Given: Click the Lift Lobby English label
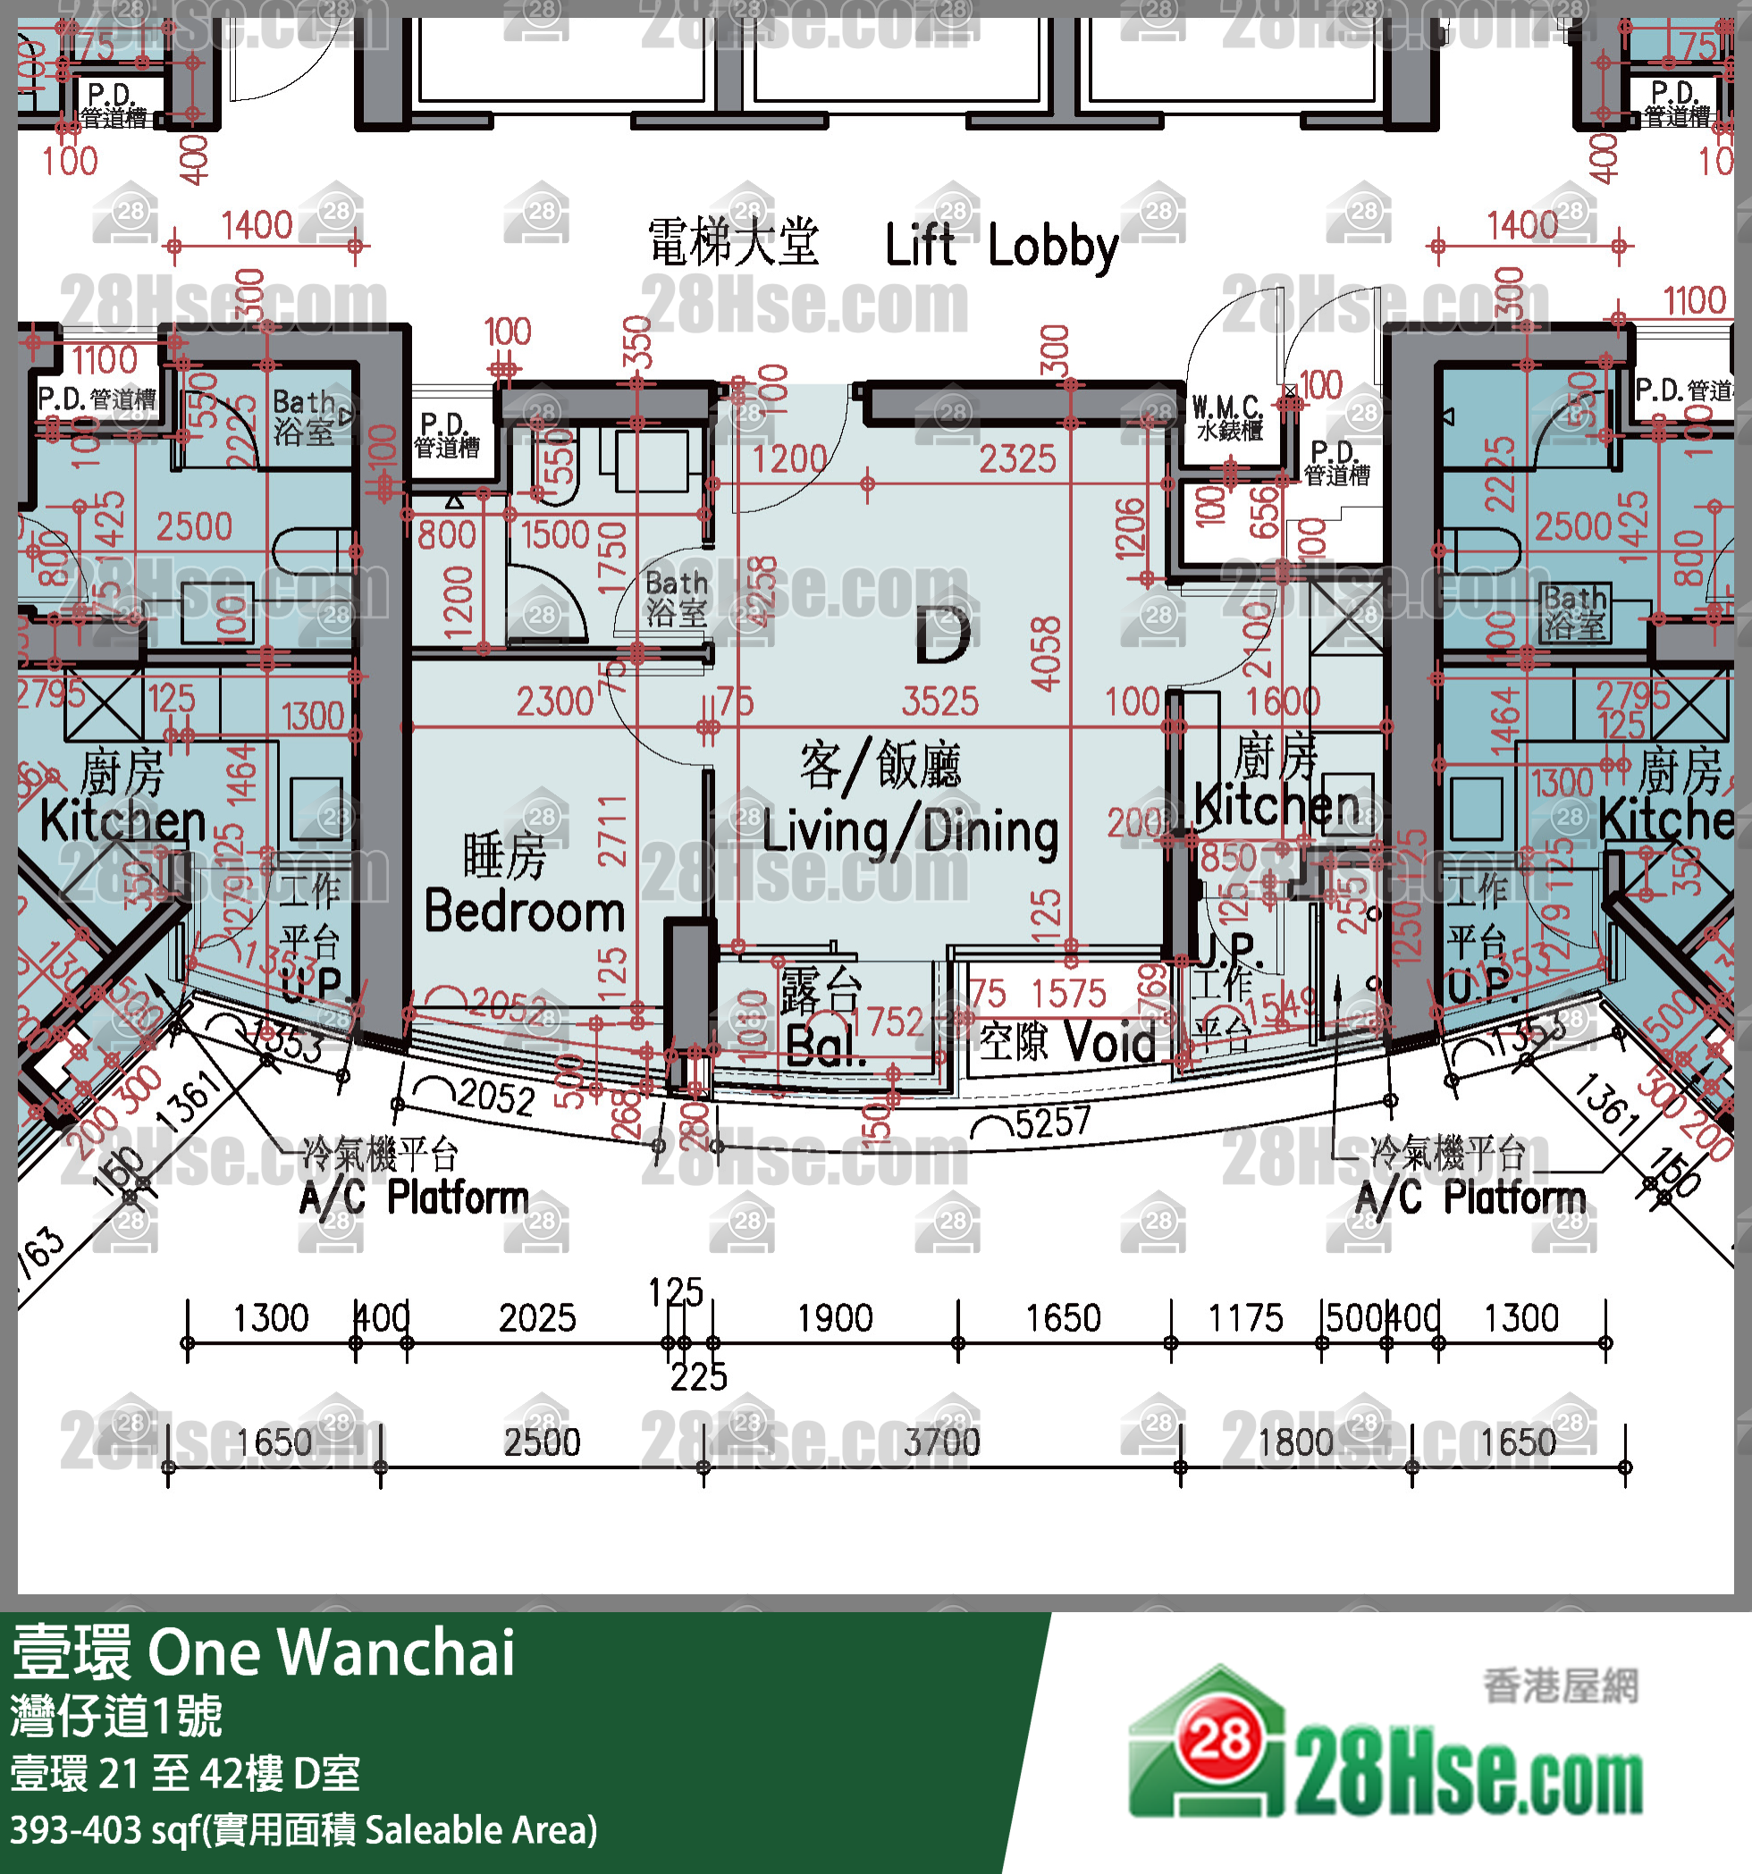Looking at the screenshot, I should [x=1001, y=247].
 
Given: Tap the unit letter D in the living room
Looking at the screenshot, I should [x=942, y=636].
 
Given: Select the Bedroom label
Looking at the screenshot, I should [x=525, y=912].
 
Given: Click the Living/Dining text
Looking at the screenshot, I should [x=910, y=832].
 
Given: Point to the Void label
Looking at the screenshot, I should [x=1110, y=1043].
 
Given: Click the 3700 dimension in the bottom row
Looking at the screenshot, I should [x=942, y=1442].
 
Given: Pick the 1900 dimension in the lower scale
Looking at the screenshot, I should [x=835, y=1318].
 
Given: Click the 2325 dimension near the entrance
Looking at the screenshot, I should [x=1016, y=459].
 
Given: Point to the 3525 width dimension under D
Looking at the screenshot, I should [x=940, y=702].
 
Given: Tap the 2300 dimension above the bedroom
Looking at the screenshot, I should [x=554, y=702].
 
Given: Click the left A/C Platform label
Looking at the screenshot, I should [x=414, y=1198].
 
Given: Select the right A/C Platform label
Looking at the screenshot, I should [x=1470, y=1198].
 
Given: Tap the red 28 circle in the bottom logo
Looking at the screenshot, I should [x=1220, y=1740].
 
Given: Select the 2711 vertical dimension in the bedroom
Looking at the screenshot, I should [x=612, y=830].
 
